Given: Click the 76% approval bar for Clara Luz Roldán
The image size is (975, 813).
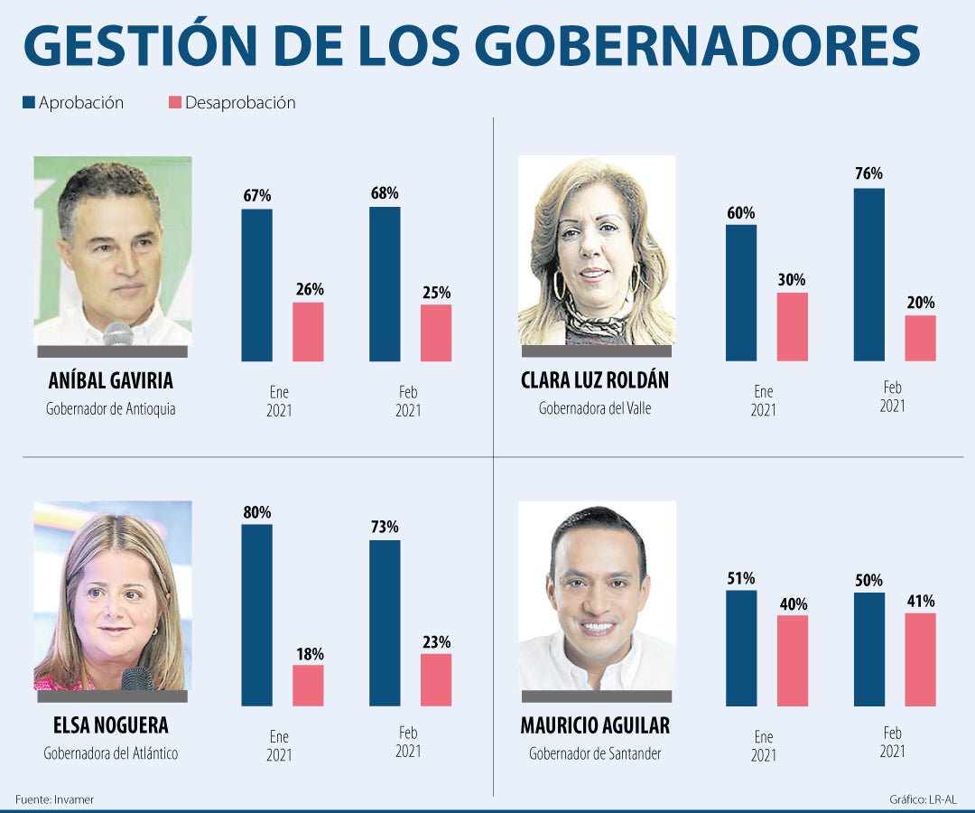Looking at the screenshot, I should [868, 275].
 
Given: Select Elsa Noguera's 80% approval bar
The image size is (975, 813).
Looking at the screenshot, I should [256, 614].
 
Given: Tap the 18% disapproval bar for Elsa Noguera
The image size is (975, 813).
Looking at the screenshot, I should [308, 686].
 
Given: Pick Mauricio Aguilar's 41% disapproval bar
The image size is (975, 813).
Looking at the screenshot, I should [920, 659].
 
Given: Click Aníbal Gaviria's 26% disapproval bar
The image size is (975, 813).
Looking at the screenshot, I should [308, 332].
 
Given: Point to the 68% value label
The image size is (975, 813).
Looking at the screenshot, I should [384, 193].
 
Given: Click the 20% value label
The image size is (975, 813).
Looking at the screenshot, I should [920, 303].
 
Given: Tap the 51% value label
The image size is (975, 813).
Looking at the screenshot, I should [741, 578].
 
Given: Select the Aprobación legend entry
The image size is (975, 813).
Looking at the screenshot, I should [73, 103].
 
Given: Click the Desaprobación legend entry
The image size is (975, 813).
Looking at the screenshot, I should [232, 103].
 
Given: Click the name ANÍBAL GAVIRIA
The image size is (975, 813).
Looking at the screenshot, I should [110, 380].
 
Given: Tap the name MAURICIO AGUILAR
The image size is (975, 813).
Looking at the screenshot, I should [595, 725].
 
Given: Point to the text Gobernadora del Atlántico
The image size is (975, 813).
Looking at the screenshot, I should [110, 753].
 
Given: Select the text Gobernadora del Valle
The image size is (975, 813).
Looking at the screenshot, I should [595, 408].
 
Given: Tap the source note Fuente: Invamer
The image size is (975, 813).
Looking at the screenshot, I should [54, 799].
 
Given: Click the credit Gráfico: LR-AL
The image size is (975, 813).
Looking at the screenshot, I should [923, 799].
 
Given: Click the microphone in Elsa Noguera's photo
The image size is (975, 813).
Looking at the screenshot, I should [136, 677].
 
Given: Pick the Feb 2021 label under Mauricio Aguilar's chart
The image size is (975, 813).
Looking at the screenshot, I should [892, 743].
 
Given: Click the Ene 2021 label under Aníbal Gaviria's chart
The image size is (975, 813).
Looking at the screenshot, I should [279, 402].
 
